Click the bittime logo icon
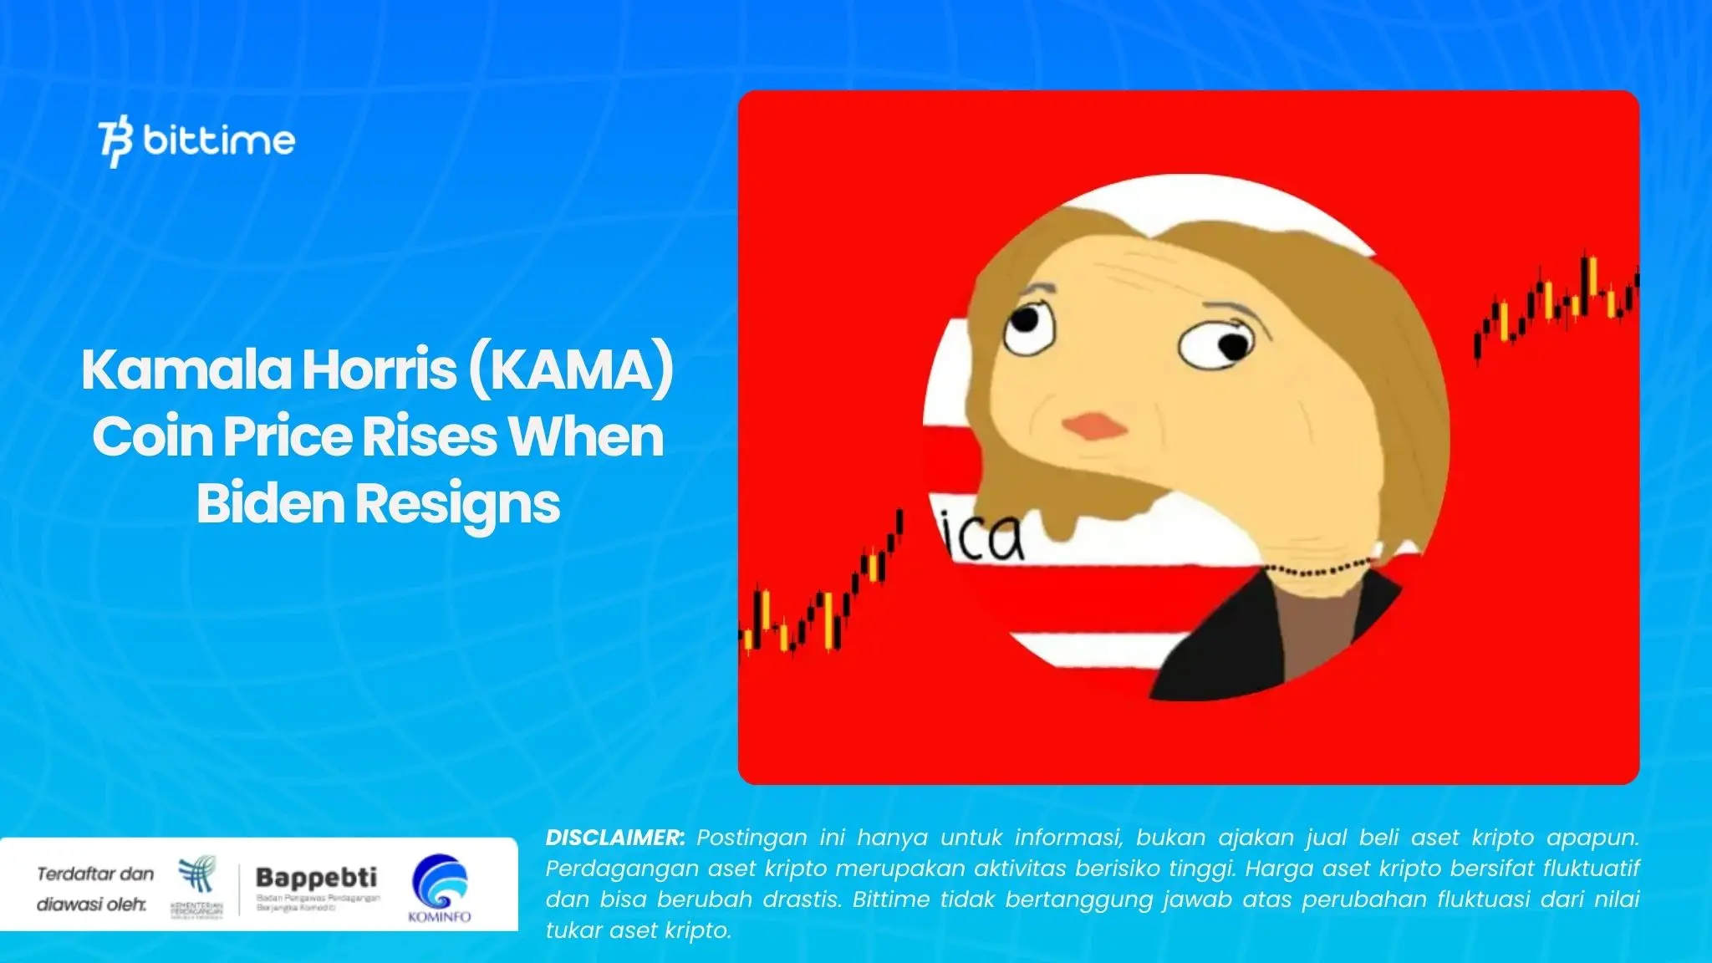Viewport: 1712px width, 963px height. (x=115, y=143)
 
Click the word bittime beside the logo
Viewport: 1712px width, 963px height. (x=219, y=140)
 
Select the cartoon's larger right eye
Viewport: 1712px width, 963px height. (x=1216, y=344)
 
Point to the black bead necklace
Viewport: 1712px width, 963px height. (x=1321, y=571)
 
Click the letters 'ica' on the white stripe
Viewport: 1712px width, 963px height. (x=983, y=538)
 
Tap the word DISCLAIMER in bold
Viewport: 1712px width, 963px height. (x=614, y=838)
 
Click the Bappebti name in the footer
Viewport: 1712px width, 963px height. (x=316, y=878)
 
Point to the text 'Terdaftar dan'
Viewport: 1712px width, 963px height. (x=95, y=874)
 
